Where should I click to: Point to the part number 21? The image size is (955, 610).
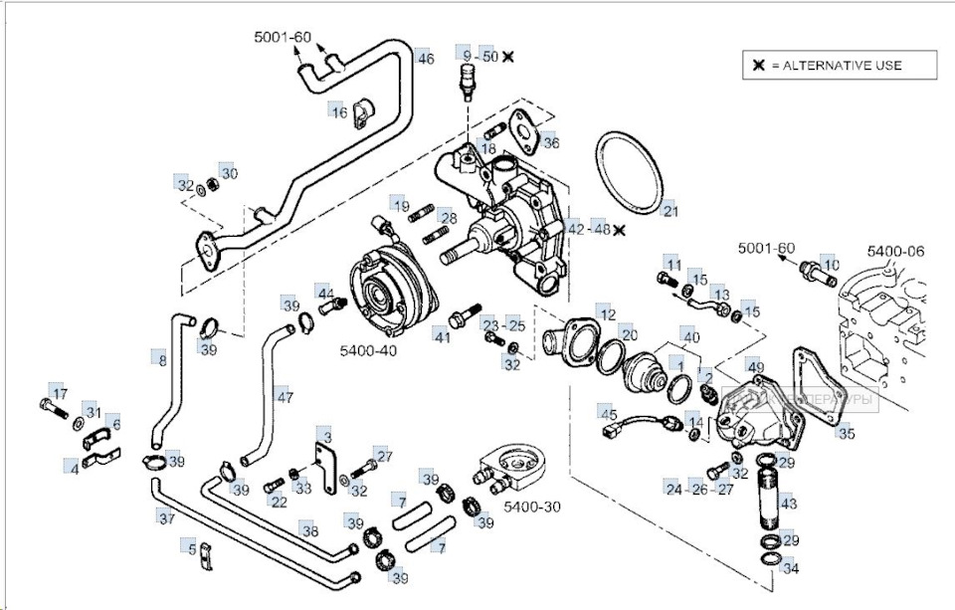[x=669, y=211]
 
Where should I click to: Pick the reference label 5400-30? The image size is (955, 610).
[x=532, y=507]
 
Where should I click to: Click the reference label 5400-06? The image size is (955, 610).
[x=894, y=252]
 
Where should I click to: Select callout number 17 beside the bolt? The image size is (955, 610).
[x=59, y=393]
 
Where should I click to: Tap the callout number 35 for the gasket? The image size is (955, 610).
[x=846, y=433]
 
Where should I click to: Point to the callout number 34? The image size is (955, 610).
[x=791, y=569]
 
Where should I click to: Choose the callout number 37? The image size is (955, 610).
[x=166, y=517]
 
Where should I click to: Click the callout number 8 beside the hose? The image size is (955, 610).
[x=162, y=360]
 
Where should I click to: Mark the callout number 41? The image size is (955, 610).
[x=442, y=338]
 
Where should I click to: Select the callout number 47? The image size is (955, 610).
[x=286, y=397]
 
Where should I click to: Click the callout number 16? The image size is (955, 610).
[x=339, y=112]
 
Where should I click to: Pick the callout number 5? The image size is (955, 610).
[x=192, y=547]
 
